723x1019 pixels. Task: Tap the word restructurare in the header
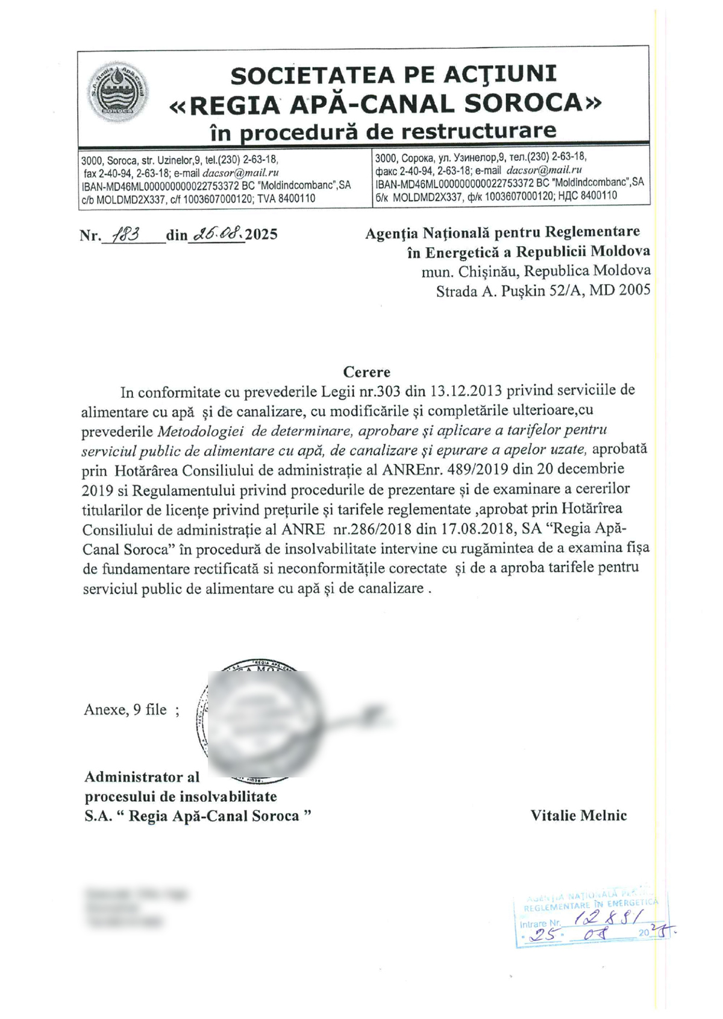pos(478,131)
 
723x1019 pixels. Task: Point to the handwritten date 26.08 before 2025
pos(216,233)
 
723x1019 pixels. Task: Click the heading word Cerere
pos(367,372)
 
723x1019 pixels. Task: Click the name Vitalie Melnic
pos(578,816)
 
